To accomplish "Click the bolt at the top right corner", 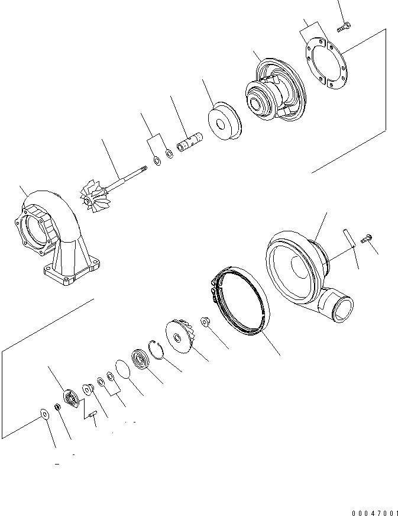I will [x=345, y=25].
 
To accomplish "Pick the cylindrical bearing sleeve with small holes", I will [x=191, y=145].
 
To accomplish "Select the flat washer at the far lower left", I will [x=45, y=412].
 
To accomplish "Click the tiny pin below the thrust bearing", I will [x=93, y=415].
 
